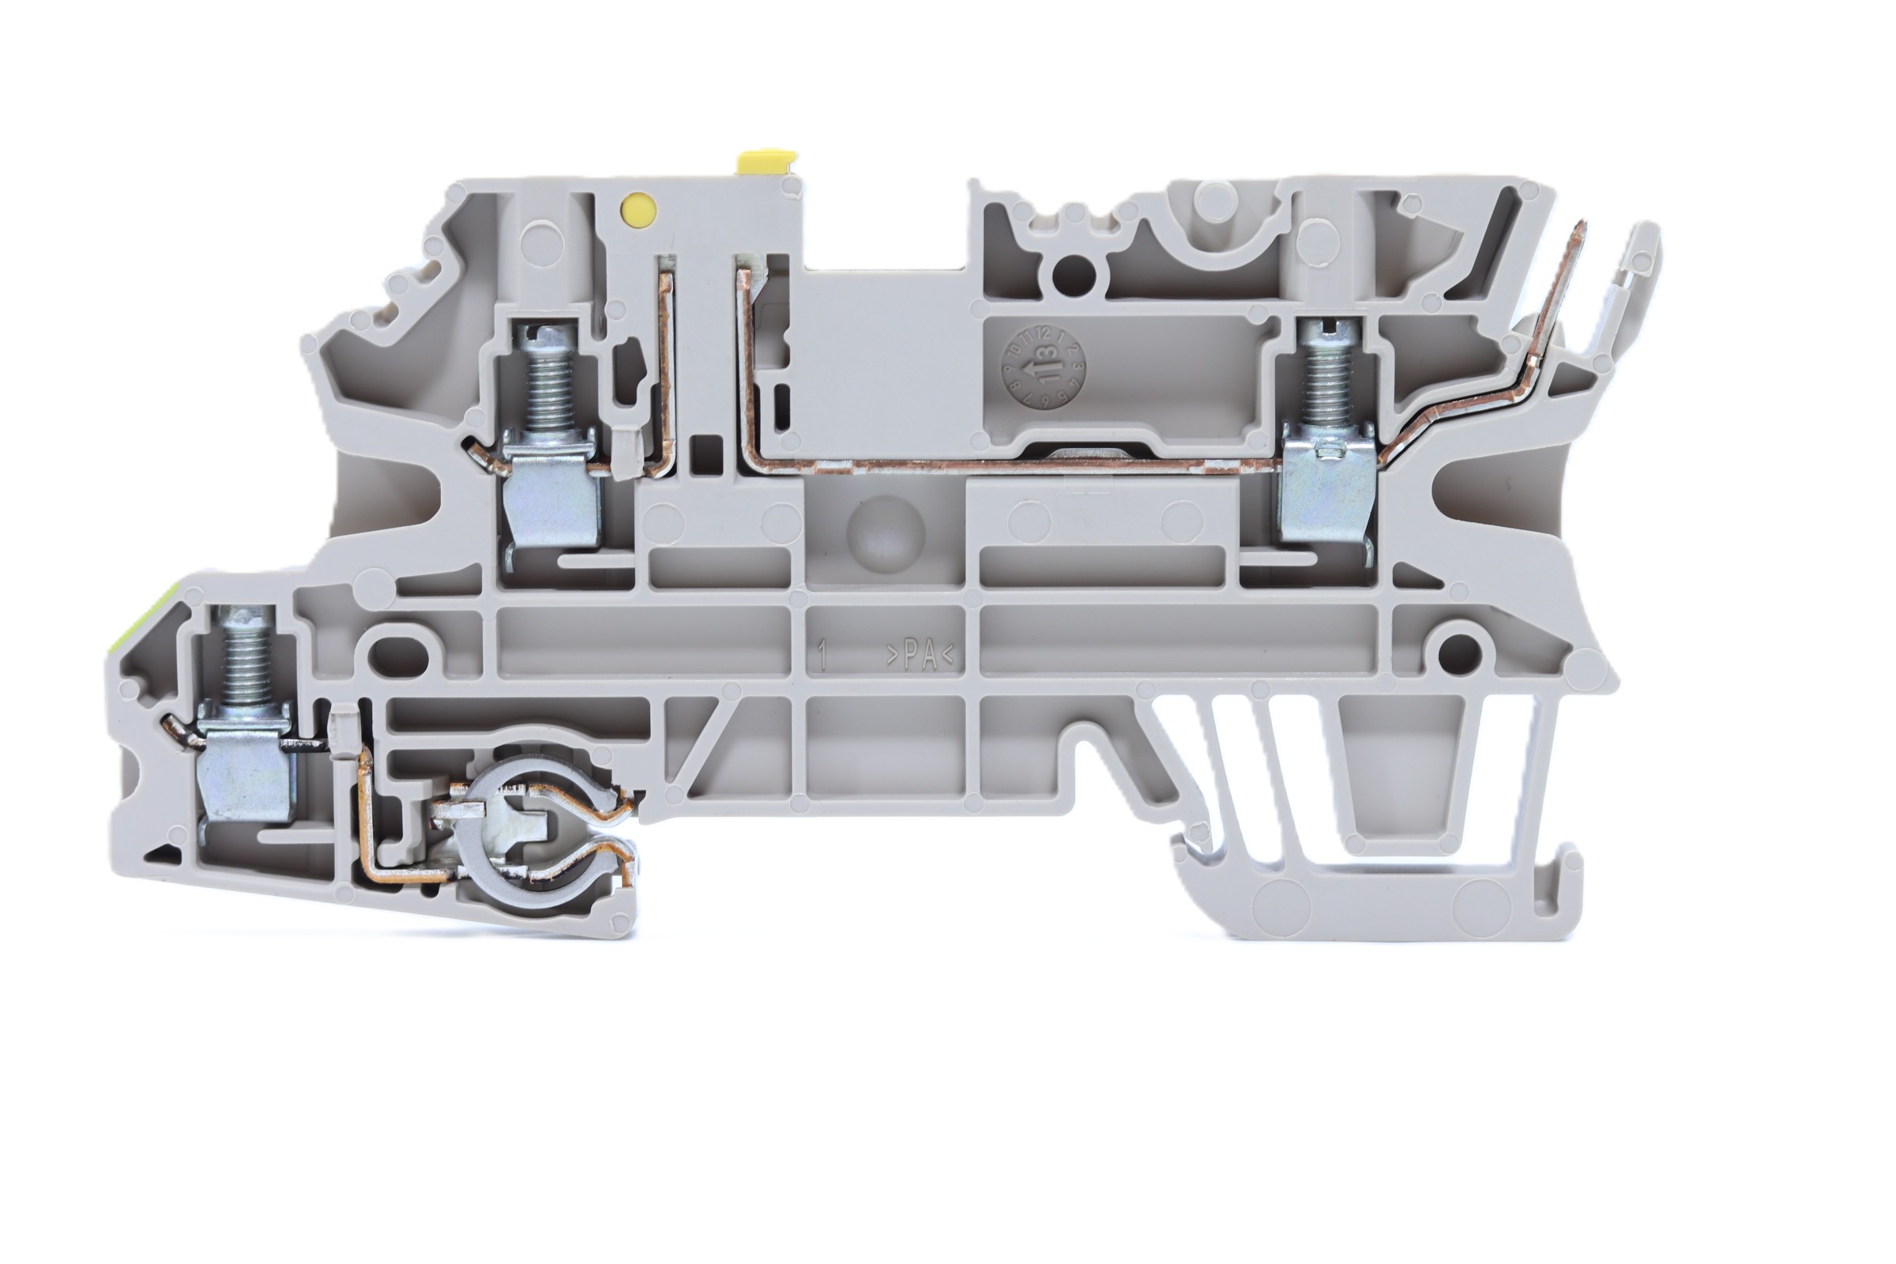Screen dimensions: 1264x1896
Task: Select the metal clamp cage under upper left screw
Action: (x=551, y=492)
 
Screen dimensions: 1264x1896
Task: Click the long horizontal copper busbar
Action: (x=1008, y=465)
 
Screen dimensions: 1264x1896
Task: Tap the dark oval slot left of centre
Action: (x=397, y=656)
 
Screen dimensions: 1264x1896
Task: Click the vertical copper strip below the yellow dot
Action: (x=667, y=363)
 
